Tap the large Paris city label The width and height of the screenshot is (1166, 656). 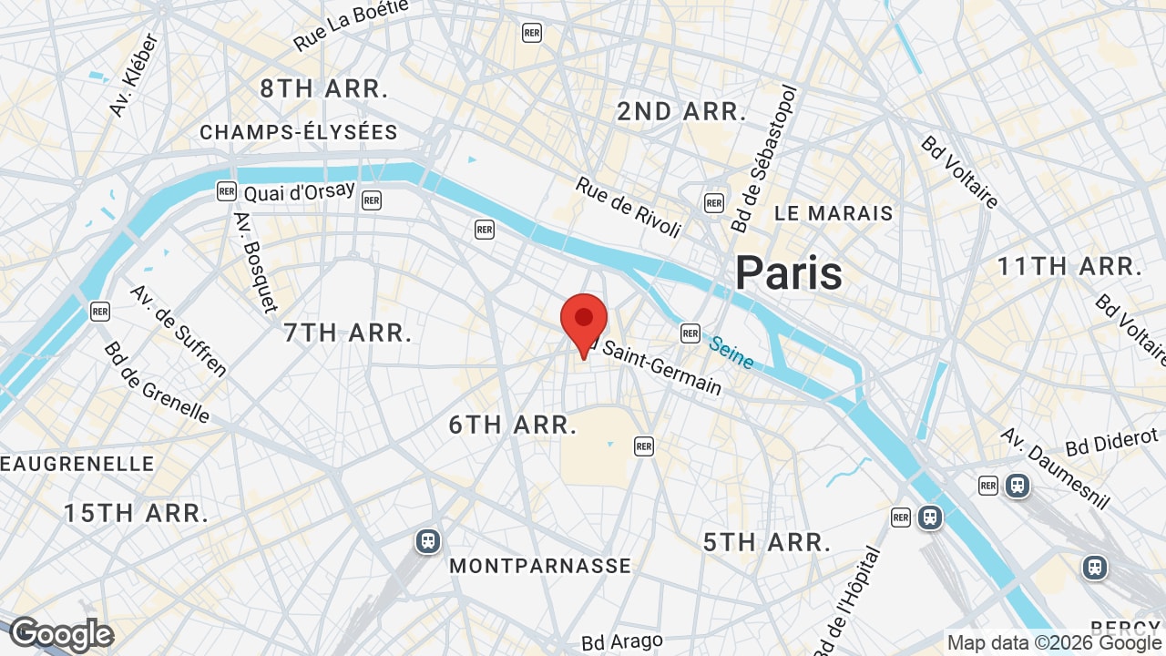[x=789, y=272]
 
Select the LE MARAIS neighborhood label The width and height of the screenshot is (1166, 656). [x=834, y=213]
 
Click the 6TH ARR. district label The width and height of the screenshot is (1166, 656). [x=514, y=425]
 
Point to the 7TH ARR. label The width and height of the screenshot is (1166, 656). [x=348, y=333]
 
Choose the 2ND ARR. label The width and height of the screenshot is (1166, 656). [x=681, y=112]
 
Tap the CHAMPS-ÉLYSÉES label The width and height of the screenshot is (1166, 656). [x=299, y=133]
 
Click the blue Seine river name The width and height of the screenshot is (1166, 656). [x=731, y=354]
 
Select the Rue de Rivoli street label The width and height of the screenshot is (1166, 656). [x=629, y=207]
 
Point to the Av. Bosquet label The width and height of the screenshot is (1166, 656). [x=255, y=262]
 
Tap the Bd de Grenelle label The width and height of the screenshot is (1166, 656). [x=156, y=383]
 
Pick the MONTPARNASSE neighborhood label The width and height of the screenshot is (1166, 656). [x=540, y=566]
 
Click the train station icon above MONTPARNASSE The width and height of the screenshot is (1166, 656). [x=427, y=541]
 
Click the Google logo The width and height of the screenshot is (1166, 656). [x=62, y=635]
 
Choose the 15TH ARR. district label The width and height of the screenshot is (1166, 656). [x=137, y=513]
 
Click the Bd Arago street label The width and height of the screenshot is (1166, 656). [x=621, y=642]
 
